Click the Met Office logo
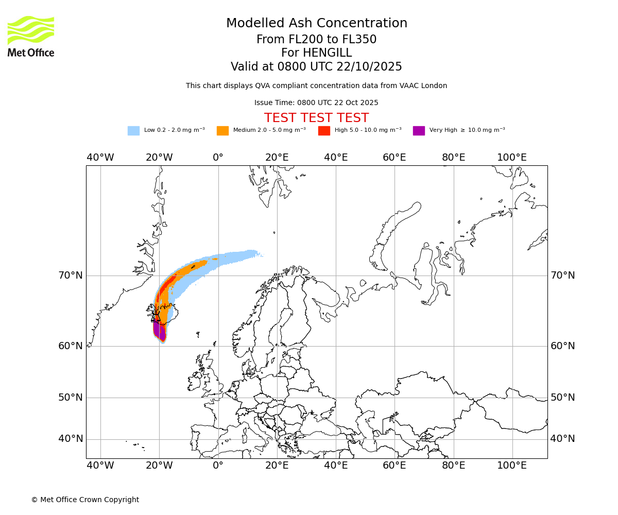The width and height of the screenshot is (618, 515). click(x=31, y=36)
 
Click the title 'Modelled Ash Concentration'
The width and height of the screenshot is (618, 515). click(x=316, y=24)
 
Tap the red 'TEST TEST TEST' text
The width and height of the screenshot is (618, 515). click(x=316, y=118)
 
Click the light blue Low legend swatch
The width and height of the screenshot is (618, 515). click(x=133, y=131)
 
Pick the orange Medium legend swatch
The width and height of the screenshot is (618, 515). click(x=222, y=131)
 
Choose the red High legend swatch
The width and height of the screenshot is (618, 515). click(x=324, y=131)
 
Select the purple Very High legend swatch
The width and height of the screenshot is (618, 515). click(x=419, y=131)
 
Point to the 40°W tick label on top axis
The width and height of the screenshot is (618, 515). click(x=100, y=158)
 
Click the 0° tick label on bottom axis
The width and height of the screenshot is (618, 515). click(x=218, y=466)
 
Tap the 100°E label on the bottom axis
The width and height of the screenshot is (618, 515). click(x=512, y=466)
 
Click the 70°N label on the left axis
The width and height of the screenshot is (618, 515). click(x=71, y=276)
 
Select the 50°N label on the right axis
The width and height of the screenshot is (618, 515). click(x=562, y=398)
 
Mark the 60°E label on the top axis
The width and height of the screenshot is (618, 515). click(x=394, y=158)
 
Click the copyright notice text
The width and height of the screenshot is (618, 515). click(x=85, y=500)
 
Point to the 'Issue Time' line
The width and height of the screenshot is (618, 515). click(x=316, y=102)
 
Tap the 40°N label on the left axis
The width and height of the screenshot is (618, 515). click(x=71, y=439)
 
